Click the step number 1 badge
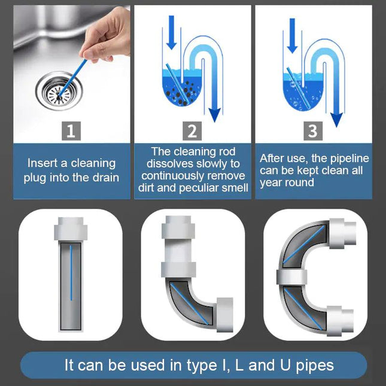tap(71, 130)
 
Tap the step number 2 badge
tap(192, 130)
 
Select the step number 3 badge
tap(314, 130)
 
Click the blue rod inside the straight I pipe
tap(71, 272)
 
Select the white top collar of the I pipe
tap(71, 230)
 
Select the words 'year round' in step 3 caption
tap(286, 183)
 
